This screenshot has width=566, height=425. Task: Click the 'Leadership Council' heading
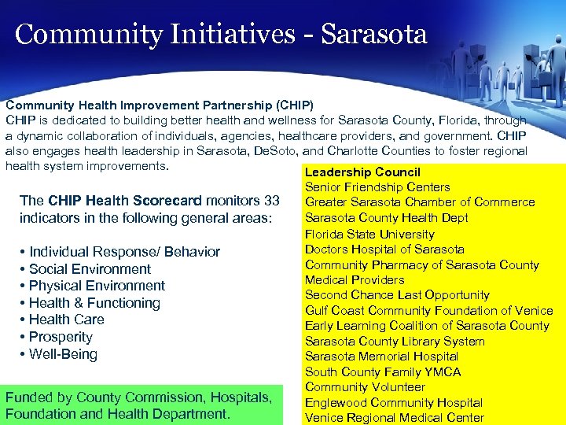pyautogui.click(x=362, y=172)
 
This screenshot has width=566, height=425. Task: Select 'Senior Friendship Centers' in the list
pyautogui.click(x=377, y=187)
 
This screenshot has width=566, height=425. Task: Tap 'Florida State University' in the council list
pyautogui.click(x=369, y=234)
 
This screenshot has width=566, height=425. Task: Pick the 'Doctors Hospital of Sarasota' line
pyautogui.click(x=384, y=249)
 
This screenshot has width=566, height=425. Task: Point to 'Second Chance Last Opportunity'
pyautogui.click(x=397, y=295)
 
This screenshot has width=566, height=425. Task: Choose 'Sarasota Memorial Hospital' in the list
pyautogui.click(x=381, y=357)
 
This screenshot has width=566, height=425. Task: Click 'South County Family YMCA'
pyautogui.click(x=383, y=371)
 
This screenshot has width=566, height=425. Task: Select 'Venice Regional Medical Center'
pyautogui.click(x=394, y=418)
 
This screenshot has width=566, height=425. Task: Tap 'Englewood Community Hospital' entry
pyautogui.click(x=393, y=402)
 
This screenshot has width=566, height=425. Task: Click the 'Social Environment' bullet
pyautogui.click(x=90, y=269)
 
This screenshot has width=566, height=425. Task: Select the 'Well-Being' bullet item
pyautogui.click(x=63, y=354)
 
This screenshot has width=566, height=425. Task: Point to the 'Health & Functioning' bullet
pyautogui.click(x=94, y=303)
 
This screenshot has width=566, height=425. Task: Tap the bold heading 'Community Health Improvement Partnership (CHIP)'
pyautogui.click(x=160, y=105)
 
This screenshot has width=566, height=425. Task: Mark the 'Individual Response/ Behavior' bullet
pyautogui.click(x=124, y=252)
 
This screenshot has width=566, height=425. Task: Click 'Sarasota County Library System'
pyautogui.click(x=395, y=341)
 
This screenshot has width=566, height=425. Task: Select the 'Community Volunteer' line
pyautogui.click(x=365, y=387)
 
